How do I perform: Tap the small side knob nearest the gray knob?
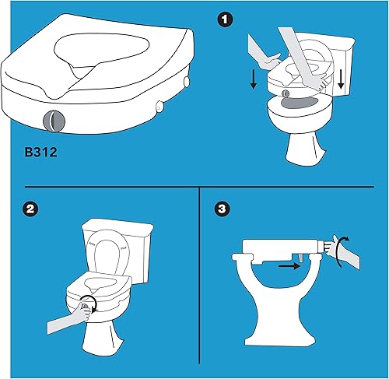click(159, 105)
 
